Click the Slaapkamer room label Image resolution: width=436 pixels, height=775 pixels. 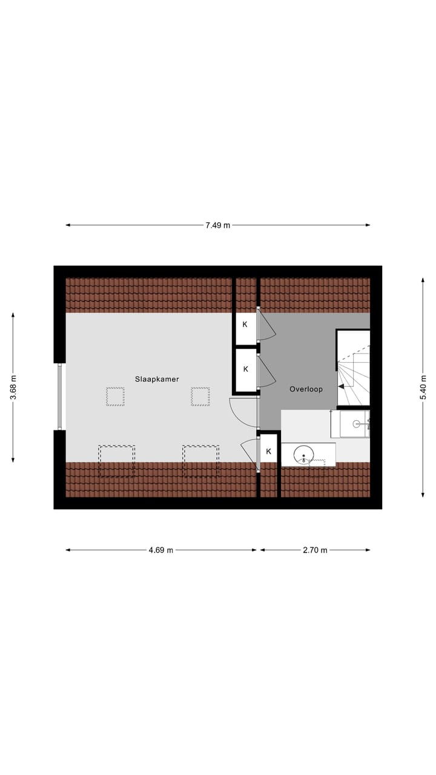click(157, 379)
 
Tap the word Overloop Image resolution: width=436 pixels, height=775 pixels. click(306, 389)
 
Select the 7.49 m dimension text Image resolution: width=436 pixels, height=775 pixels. click(217, 225)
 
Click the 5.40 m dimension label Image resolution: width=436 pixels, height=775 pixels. click(423, 387)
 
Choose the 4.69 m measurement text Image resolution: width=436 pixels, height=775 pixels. click(161, 550)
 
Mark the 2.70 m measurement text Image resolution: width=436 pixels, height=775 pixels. click(315, 550)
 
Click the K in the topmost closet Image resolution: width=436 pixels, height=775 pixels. click(245, 325)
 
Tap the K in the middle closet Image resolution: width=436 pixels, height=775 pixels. click(245, 369)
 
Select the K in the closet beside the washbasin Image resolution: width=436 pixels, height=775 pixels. click(268, 451)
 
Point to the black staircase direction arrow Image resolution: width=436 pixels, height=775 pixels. click(342, 386)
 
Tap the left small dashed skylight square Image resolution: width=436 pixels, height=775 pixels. click(115, 397)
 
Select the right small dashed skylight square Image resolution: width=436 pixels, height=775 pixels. click(200, 397)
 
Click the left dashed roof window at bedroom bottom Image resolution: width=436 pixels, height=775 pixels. click(116, 461)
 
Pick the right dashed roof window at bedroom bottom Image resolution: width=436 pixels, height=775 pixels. click(201, 461)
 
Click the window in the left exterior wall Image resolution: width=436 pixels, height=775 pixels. click(59, 397)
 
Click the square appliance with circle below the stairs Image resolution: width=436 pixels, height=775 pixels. click(354, 423)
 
